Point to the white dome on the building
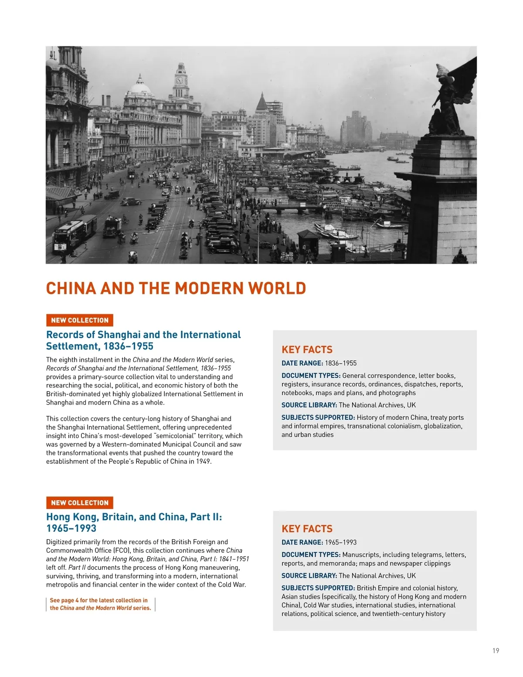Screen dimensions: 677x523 pyautogui.click(x=140, y=88)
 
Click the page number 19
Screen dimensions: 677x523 pyautogui.click(x=496, y=651)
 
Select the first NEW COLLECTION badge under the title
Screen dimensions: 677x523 pyautogui.click(x=80, y=320)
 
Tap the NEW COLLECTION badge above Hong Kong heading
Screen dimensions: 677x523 pyautogui.click(x=80, y=503)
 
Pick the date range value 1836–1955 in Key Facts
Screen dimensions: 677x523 pyautogui.click(x=340, y=363)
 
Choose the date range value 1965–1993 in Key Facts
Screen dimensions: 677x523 pyautogui.click(x=340, y=542)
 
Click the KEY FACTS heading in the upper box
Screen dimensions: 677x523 pyautogui.click(x=307, y=350)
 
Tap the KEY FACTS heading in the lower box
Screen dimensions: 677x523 pyautogui.click(x=307, y=529)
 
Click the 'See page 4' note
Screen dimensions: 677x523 pyautogui.click(x=100, y=604)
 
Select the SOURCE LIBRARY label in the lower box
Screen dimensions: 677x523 pyautogui.click(x=309, y=575)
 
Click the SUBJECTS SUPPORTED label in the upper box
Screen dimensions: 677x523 pyautogui.click(x=318, y=417)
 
